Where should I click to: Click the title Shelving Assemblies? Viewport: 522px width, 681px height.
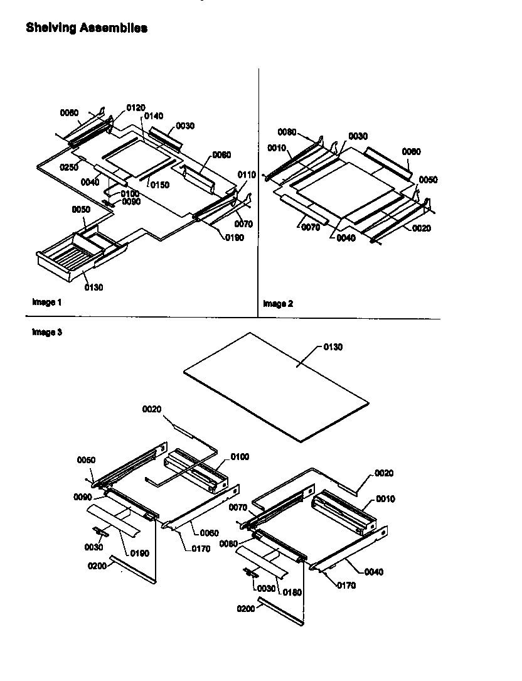coord(87,28)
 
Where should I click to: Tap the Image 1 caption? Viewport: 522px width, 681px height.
coord(47,302)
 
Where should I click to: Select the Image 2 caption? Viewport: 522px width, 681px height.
coord(277,304)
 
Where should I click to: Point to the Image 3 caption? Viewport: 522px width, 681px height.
coord(47,333)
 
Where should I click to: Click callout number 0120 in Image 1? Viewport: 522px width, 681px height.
coord(136,108)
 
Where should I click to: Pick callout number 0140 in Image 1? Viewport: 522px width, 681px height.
coord(153,116)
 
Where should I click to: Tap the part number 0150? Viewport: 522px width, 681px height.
coord(159,185)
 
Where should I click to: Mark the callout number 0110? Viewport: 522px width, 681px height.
coord(247,174)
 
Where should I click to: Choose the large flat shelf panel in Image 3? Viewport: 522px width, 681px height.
coord(276,385)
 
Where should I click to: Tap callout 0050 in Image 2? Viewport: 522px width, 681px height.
coord(429,180)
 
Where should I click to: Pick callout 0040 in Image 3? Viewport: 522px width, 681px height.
coord(373,572)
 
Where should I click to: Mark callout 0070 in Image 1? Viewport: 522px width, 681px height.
coord(244,223)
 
